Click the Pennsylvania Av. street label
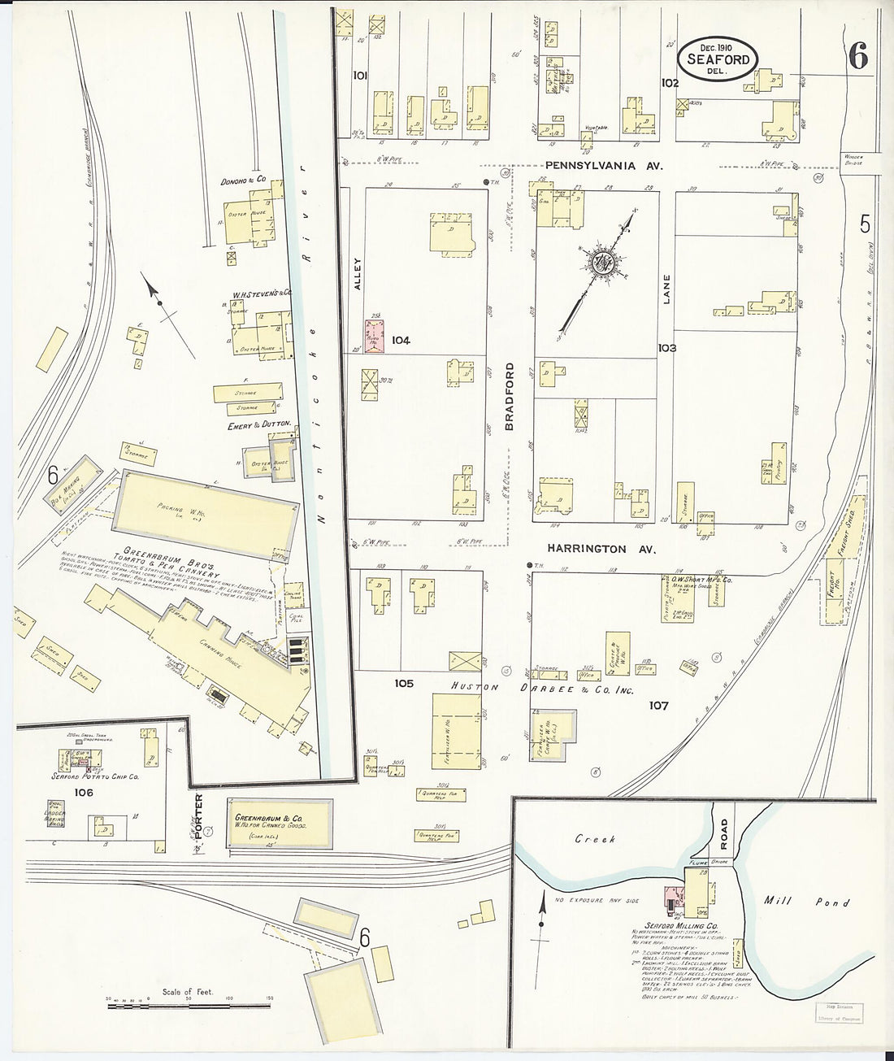point(604,165)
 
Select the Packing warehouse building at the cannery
point(204,511)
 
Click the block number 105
point(404,683)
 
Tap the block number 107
point(657,705)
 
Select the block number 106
point(83,792)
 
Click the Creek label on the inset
point(595,838)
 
